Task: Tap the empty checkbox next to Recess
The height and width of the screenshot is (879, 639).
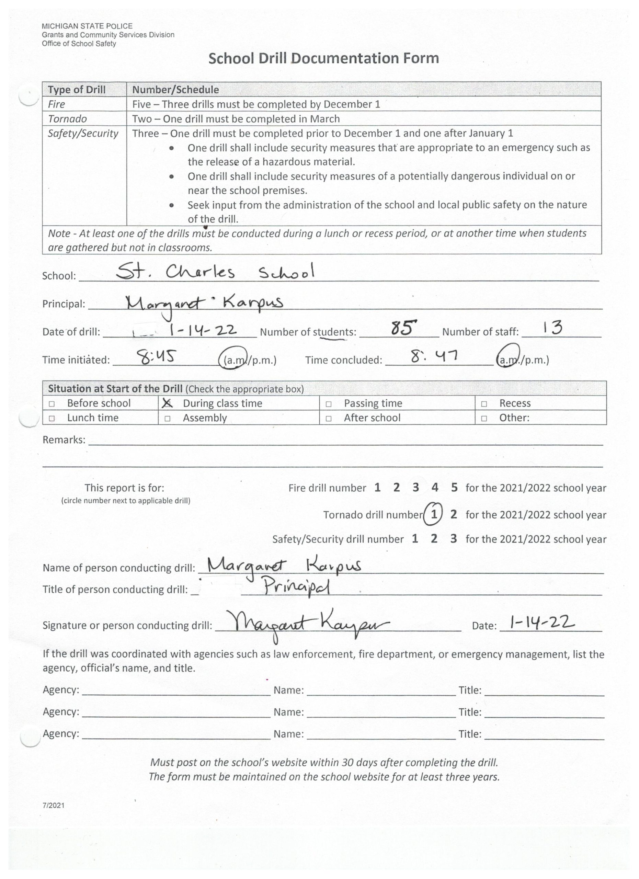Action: pos(483,404)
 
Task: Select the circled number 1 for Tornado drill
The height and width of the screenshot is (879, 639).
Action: pos(434,514)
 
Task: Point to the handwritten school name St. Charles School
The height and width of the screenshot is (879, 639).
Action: pos(215,272)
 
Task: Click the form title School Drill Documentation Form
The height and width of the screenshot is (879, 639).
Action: pos(323,58)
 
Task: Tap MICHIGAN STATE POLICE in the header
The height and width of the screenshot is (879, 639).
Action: pos(87,26)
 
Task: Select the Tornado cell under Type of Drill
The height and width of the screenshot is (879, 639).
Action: pos(67,118)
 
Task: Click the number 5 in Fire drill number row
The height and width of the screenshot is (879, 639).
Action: pos(454,488)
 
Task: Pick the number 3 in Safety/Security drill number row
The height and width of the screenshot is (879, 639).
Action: pos(453,539)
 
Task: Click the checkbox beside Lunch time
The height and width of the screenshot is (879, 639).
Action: pos(52,419)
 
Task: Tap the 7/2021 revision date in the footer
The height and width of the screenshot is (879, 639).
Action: pos(54,806)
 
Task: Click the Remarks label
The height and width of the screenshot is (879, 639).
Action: pos(64,440)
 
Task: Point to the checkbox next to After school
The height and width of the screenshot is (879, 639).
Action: pos(328,419)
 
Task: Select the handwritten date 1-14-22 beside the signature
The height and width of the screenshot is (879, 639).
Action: pos(542,623)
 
